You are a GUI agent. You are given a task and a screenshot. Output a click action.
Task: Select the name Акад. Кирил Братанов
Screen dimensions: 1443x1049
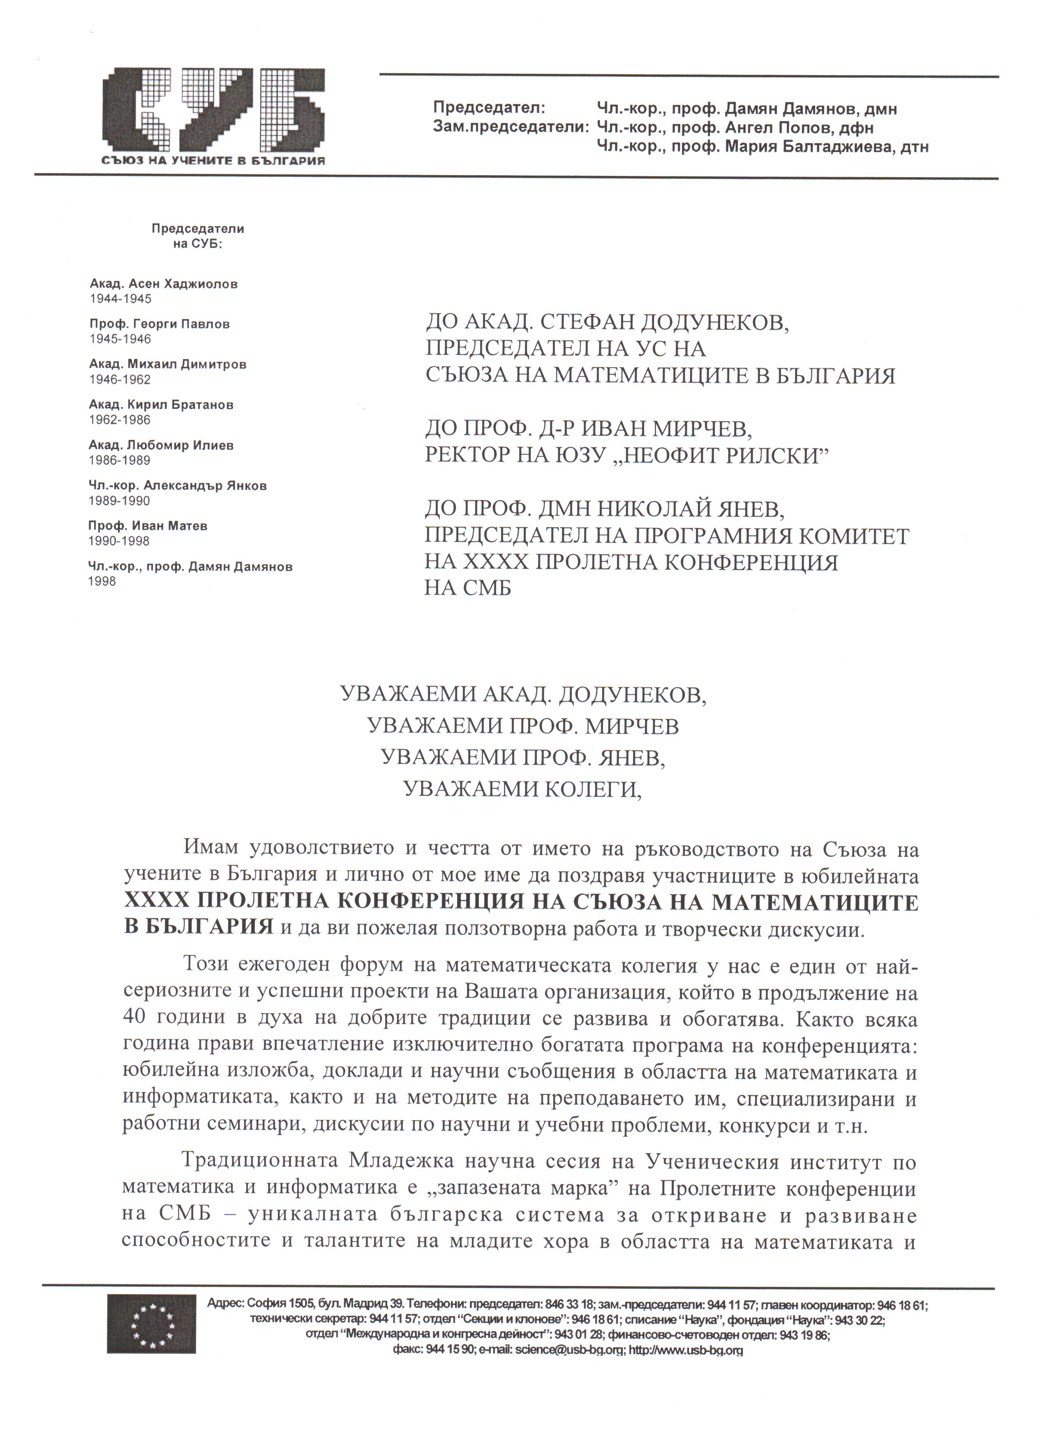[162, 405]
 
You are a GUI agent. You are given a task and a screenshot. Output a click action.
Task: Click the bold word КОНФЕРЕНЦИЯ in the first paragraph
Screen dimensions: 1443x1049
[441, 903]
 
